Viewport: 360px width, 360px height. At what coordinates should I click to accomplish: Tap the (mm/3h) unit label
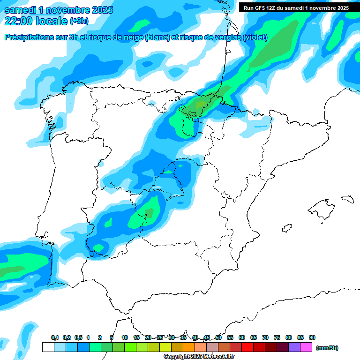(x=327, y=348)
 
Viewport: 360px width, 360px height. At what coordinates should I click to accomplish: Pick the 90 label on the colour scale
(x=312, y=337)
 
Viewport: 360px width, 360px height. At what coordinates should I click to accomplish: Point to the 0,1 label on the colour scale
(x=55, y=337)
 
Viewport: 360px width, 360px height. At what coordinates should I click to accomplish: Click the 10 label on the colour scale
(x=125, y=337)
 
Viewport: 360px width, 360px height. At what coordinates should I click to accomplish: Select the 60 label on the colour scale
(x=242, y=337)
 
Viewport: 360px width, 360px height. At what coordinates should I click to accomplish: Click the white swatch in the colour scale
(x=48, y=347)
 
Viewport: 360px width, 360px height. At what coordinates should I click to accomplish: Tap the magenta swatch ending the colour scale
(x=306, y=347)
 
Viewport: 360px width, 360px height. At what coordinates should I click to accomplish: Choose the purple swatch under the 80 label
(x=294, y=347)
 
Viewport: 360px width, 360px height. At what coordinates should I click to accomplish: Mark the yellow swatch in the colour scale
(x=165, y=347)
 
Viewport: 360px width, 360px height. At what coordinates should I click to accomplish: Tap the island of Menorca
(x=347, y=199)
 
